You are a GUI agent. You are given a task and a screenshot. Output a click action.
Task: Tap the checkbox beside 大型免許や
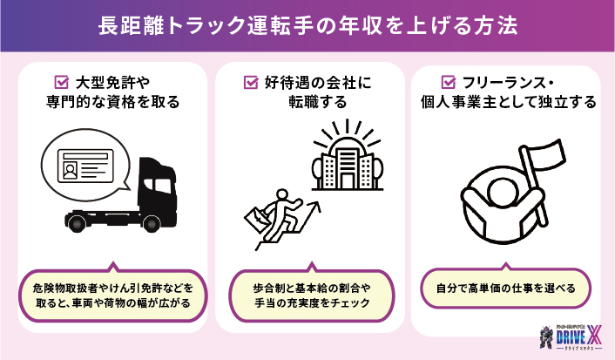click(62, 83)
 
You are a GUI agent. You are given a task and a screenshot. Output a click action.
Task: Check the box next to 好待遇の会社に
click(249, 83)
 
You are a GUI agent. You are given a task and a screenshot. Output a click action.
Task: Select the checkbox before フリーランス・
click(448, 83)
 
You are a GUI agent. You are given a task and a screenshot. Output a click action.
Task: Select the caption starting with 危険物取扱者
click(111, 294)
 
